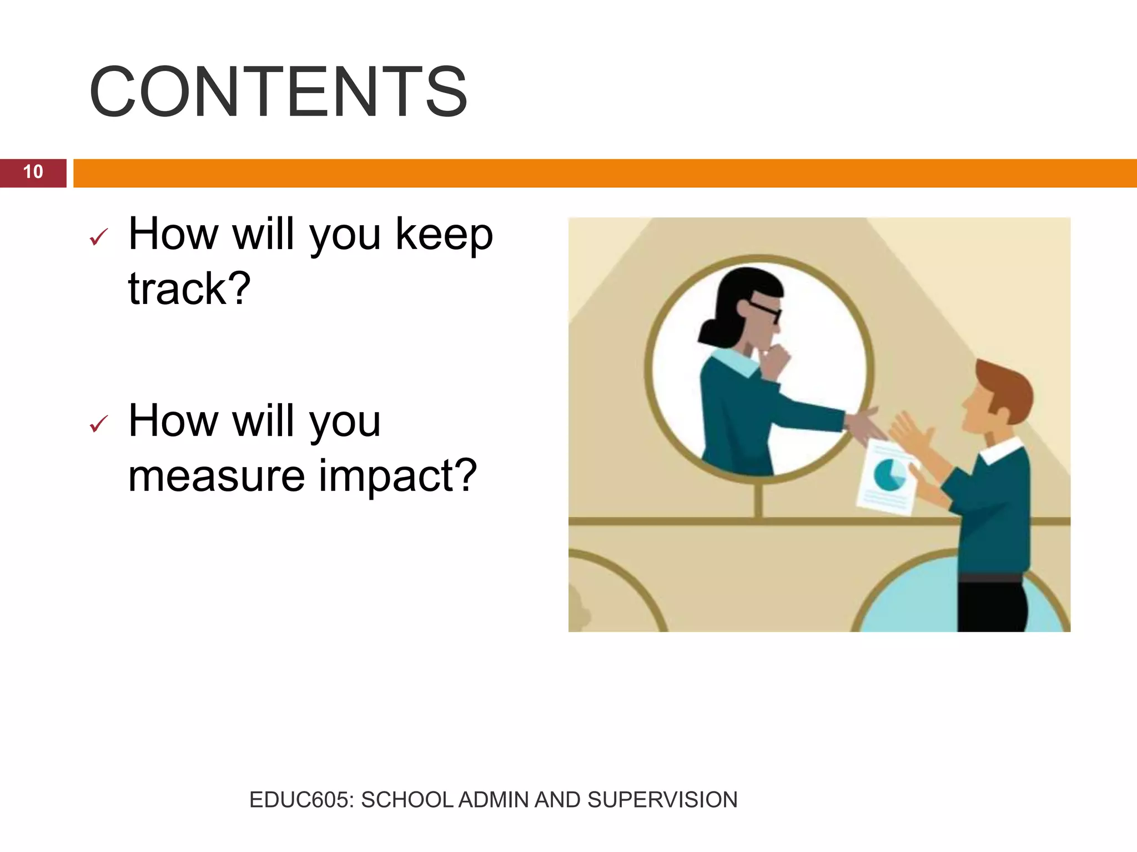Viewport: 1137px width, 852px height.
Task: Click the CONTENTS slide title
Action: tap(278, 92)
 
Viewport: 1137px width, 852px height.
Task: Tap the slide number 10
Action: tap(33, 172)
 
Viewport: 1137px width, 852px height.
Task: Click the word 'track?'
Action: tap(189, 288)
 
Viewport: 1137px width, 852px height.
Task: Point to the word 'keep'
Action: tap(444, 235)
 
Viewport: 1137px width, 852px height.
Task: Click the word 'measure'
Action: tap(217, 476)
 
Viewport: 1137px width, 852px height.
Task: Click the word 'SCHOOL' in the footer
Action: tap(407, 800)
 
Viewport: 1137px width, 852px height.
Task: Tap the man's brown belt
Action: tap(991, 578)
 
